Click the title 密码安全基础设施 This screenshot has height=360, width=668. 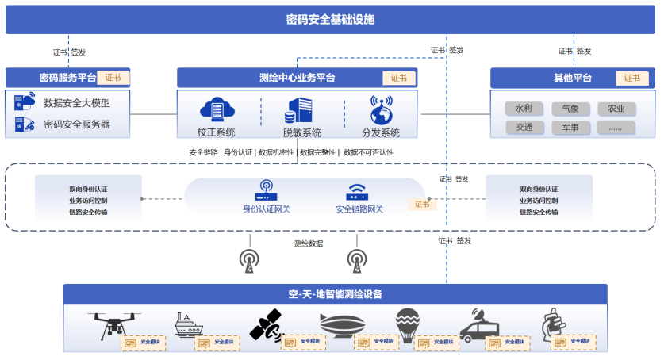tap(330, 20)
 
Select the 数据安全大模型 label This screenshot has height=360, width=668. tap(76, 103)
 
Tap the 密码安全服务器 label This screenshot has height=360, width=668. tap(76, 124)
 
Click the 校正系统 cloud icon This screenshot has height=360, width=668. tap(214, 109)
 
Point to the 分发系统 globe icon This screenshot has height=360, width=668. tap(382, 109)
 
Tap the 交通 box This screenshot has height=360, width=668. tap(524, 127)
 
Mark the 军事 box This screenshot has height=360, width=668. tap(570, 127)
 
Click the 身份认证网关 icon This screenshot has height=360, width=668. tap(265, 190)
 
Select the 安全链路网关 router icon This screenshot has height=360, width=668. tap(358, 192)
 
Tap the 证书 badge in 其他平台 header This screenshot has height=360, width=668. tap(632, 78)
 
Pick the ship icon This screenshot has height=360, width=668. tap(189, 324)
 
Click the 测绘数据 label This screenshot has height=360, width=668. tap(309, 243)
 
